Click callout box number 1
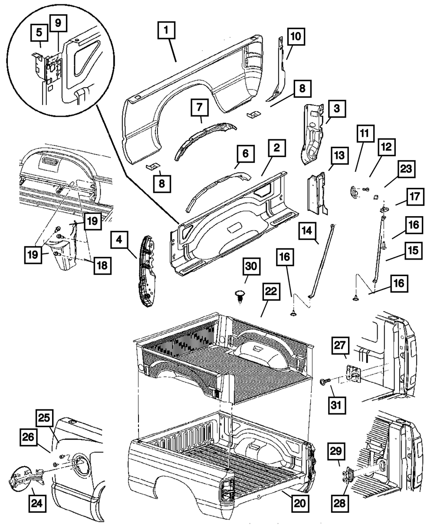pyautogui.click(x=167, y=31)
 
